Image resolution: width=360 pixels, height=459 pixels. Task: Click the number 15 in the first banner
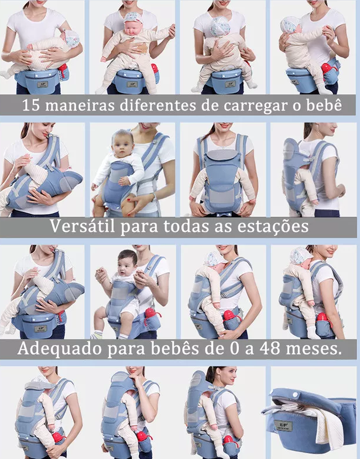point(31,107)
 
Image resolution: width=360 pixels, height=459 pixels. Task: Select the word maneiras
point(78,107)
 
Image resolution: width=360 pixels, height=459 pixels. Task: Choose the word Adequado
point(56,349)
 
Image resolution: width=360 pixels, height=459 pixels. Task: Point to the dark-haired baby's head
point(127,258)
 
